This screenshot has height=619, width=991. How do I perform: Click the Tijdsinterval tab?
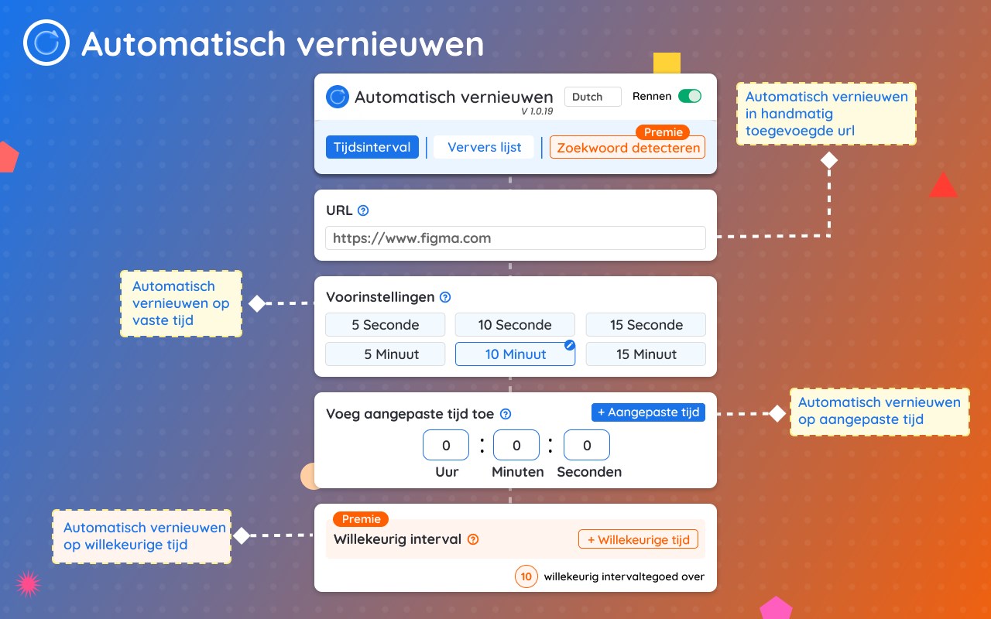coord(372,147)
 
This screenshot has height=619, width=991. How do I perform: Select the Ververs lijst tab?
coord(484,147)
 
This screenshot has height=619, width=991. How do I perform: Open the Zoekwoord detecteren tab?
coord(627,148)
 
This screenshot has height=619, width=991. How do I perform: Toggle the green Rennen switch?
coord(690,96)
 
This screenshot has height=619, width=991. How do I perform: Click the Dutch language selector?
coord(593,97)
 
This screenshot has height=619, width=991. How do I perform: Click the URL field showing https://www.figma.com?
coord(516,238)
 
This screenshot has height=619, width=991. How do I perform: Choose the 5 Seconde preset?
coord(386,324)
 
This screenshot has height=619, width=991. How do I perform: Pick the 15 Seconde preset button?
coord(646,324)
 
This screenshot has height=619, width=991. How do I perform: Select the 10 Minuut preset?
coord(516,354)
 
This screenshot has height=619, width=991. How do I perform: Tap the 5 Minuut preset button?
coord(386,354)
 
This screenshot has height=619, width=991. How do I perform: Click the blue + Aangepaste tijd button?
coord(648,412)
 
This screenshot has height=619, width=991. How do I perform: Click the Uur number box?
coord(446,445)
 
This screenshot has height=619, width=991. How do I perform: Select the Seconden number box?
coord(587,445)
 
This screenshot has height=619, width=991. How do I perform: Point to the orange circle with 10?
coord(526,576)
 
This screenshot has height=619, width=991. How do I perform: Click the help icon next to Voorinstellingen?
coord(445,297)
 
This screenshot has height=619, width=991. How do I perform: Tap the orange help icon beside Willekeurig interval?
coord(473,539)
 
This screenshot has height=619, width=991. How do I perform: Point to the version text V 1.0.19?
coord(537,111)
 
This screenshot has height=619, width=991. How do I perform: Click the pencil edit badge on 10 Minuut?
coord(570,345)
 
